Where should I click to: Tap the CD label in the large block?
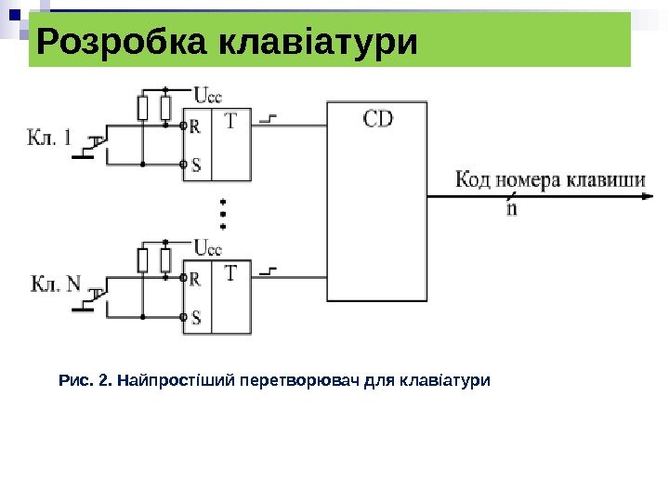click(378, 119)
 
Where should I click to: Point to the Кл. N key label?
click(57, 284)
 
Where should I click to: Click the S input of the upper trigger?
click(196, 165)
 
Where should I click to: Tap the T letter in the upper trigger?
click(230, 121)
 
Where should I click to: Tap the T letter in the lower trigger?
click(230, 273)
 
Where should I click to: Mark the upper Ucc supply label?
click(208, 94)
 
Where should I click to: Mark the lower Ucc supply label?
click(208, 248)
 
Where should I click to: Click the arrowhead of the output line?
click(640, 197)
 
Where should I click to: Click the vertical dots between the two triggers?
click(223, 213)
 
